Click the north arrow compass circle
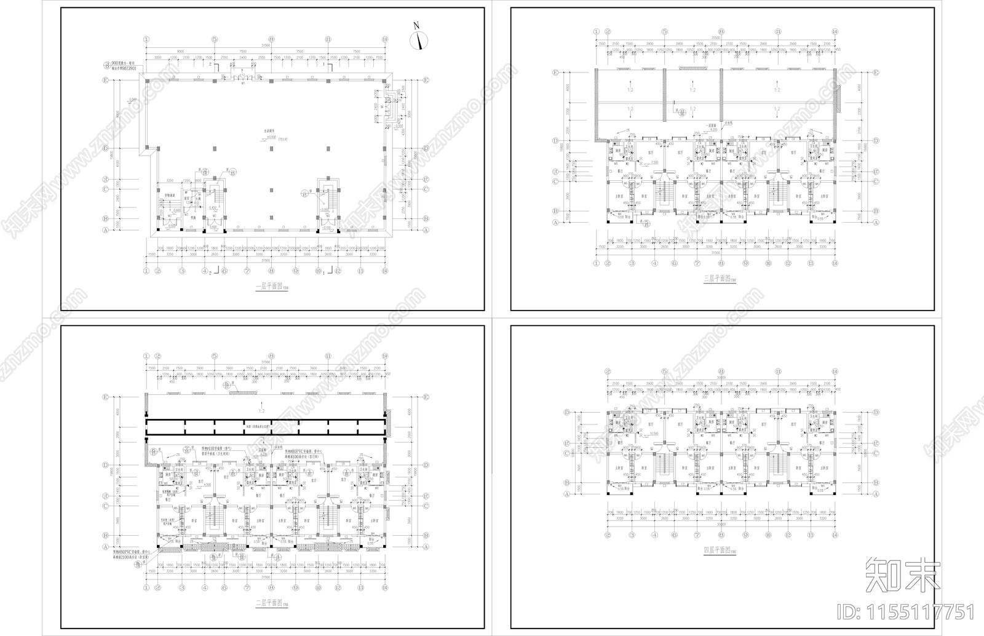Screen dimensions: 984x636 [419, 40]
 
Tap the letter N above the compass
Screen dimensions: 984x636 [416, 25]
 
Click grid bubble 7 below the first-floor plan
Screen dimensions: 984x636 [247, 271]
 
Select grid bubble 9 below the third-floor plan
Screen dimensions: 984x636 [745, 263]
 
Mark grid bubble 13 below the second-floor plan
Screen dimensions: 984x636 [361, 588]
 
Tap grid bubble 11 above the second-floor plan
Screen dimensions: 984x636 [328, 356]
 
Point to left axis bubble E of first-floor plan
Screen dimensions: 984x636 [106, 81]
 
